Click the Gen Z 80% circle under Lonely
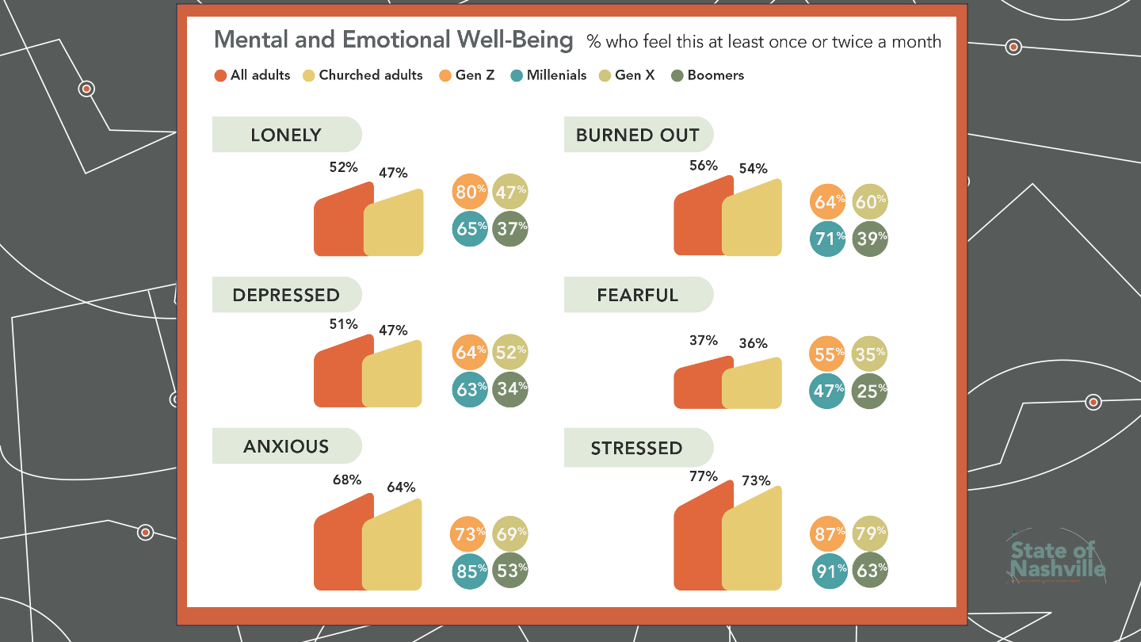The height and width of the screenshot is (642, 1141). point(470,192)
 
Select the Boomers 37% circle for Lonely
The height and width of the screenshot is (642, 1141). point(509,229)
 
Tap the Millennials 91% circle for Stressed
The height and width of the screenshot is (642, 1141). point(829,570)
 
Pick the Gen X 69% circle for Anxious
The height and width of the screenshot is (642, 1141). point(509,533)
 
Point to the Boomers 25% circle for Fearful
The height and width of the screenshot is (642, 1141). point(869,391)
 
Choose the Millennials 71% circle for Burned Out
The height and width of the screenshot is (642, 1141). point(828,239)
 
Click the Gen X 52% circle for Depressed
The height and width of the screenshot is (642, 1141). point(509,352)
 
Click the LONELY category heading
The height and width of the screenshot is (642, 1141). point(286,135)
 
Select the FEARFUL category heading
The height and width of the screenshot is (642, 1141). point(638,295)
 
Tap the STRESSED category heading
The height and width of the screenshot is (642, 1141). point(637,448)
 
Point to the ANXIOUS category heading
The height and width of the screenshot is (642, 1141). point(286,446)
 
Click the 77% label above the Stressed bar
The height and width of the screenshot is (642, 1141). point(703,476)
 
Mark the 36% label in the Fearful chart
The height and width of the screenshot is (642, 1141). point(753,343)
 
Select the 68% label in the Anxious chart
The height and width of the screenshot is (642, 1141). point(346,480)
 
